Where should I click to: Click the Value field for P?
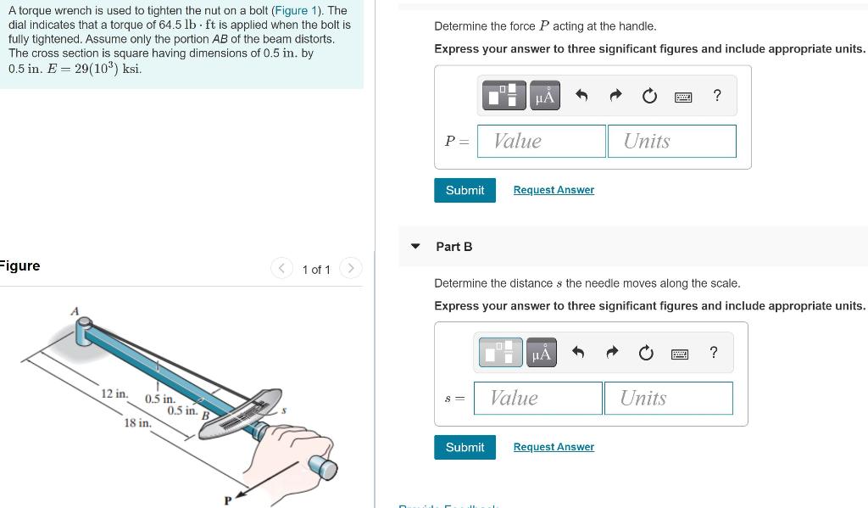542,141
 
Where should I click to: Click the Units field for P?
671,141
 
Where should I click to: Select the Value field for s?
538,398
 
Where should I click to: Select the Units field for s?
668,398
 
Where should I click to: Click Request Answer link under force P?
554,190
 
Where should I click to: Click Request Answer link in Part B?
554,447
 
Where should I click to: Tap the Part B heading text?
453,247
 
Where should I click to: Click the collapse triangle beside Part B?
415,247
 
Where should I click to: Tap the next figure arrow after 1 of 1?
349,269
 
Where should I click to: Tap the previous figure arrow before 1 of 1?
281,269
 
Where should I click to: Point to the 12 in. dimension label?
114,394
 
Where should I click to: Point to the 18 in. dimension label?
137,422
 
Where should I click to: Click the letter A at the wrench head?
75,311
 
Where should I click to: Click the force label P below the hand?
227,500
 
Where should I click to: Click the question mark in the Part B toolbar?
713,353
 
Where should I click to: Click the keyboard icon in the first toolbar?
683,97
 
